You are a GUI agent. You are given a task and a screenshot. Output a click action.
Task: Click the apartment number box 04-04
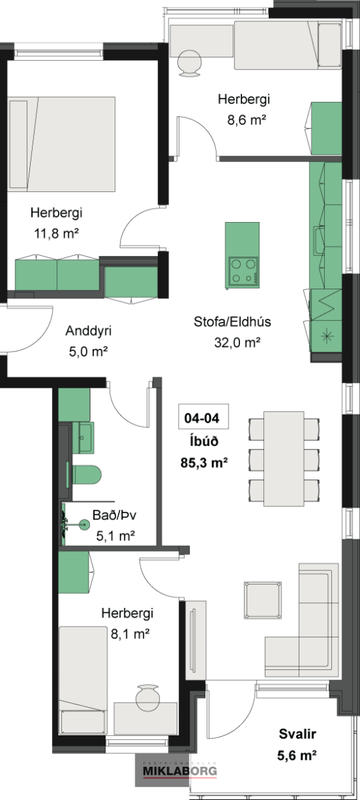(x=203, y=416)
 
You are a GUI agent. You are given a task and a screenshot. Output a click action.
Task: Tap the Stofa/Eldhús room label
(x=232, y=321)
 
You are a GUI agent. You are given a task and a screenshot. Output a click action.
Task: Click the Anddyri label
(x=88, y=331)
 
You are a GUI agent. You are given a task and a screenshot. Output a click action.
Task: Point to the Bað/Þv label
(x=115, y=515)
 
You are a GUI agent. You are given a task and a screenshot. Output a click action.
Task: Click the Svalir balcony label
(x=297, y=734)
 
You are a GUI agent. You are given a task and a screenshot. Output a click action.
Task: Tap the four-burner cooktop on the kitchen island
(x=244, y=271)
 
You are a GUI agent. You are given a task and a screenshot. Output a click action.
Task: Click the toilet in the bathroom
(x=87, y=474)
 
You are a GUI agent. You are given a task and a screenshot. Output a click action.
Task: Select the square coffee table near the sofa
(x=263, y=600)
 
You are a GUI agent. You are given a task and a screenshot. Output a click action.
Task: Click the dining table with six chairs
(x=284, y=459)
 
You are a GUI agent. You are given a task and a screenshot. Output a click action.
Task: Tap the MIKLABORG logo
(x=179, y=771)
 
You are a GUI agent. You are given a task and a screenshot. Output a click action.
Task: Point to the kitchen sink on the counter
(x=319, y=241)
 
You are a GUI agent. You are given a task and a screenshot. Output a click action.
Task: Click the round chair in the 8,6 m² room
(x=189, y=63)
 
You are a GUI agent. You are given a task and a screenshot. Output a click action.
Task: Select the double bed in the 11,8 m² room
(x=61, y=144)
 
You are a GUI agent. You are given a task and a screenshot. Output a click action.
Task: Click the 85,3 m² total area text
(x=204, y=463)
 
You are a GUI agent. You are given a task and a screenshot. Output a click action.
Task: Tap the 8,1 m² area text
(x=130, y=634)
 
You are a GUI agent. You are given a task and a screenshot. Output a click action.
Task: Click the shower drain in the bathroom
(x=85, y=524)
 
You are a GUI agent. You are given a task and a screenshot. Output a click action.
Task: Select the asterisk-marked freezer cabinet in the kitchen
(x=327, y=336)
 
